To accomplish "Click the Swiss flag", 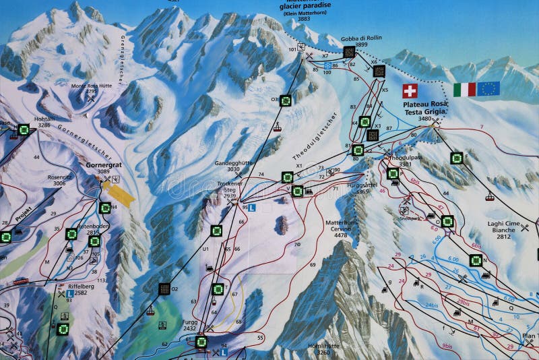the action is pyautogui.click(x=410, y=91).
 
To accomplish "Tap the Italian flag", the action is pyautogui.click(x=464, y=89).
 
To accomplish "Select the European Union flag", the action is pyautogui.click(x=488, y=88).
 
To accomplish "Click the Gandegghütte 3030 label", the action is pyautogui.click(x=232, y=167).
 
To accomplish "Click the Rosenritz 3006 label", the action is pyautogui.click(x=55, y=180).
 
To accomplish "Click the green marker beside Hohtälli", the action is pyautogui.click(x=24, y=129).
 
